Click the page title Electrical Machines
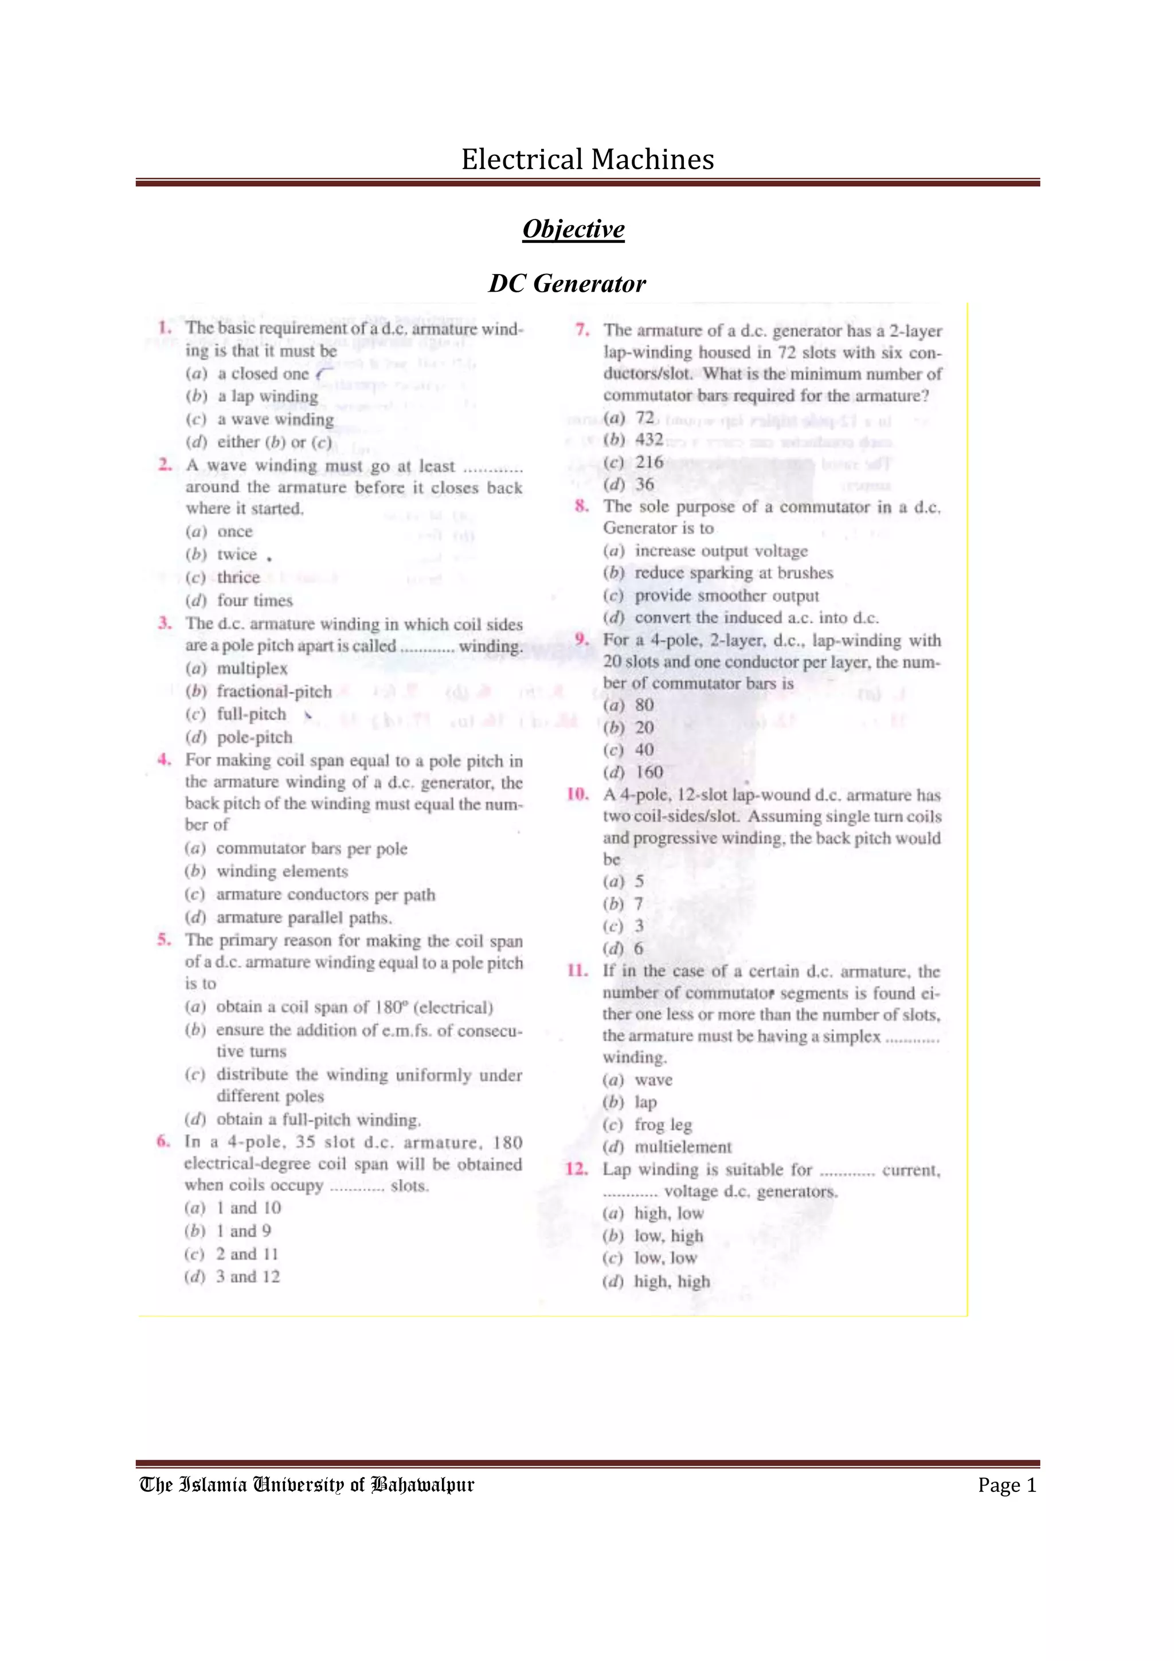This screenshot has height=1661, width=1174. (588, 159)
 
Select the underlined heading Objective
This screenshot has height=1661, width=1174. (573, 229)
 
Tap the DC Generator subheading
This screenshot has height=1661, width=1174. (567, 284)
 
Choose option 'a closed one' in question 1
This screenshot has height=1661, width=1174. (263, 374)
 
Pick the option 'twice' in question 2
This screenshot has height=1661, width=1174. (237, 554)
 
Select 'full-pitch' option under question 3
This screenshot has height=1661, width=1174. (251, 714)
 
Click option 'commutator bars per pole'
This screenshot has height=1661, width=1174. (311, 849)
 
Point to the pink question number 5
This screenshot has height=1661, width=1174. (164, 940)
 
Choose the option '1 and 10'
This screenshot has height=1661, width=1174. (248, 1208)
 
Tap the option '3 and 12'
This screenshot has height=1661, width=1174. (248, 1276)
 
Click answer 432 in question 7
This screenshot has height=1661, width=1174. (649, 440)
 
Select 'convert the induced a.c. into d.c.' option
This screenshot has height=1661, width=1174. (756, 618)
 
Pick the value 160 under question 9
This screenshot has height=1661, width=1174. (648, 772)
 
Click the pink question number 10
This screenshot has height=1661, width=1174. (577, 794)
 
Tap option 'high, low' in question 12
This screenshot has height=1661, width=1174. (668, 1213)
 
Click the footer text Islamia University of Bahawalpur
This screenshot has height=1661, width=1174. (307, 1485)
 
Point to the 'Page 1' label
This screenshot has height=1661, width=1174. (1007, 1485)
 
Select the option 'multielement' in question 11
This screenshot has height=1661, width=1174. (683, 1147)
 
